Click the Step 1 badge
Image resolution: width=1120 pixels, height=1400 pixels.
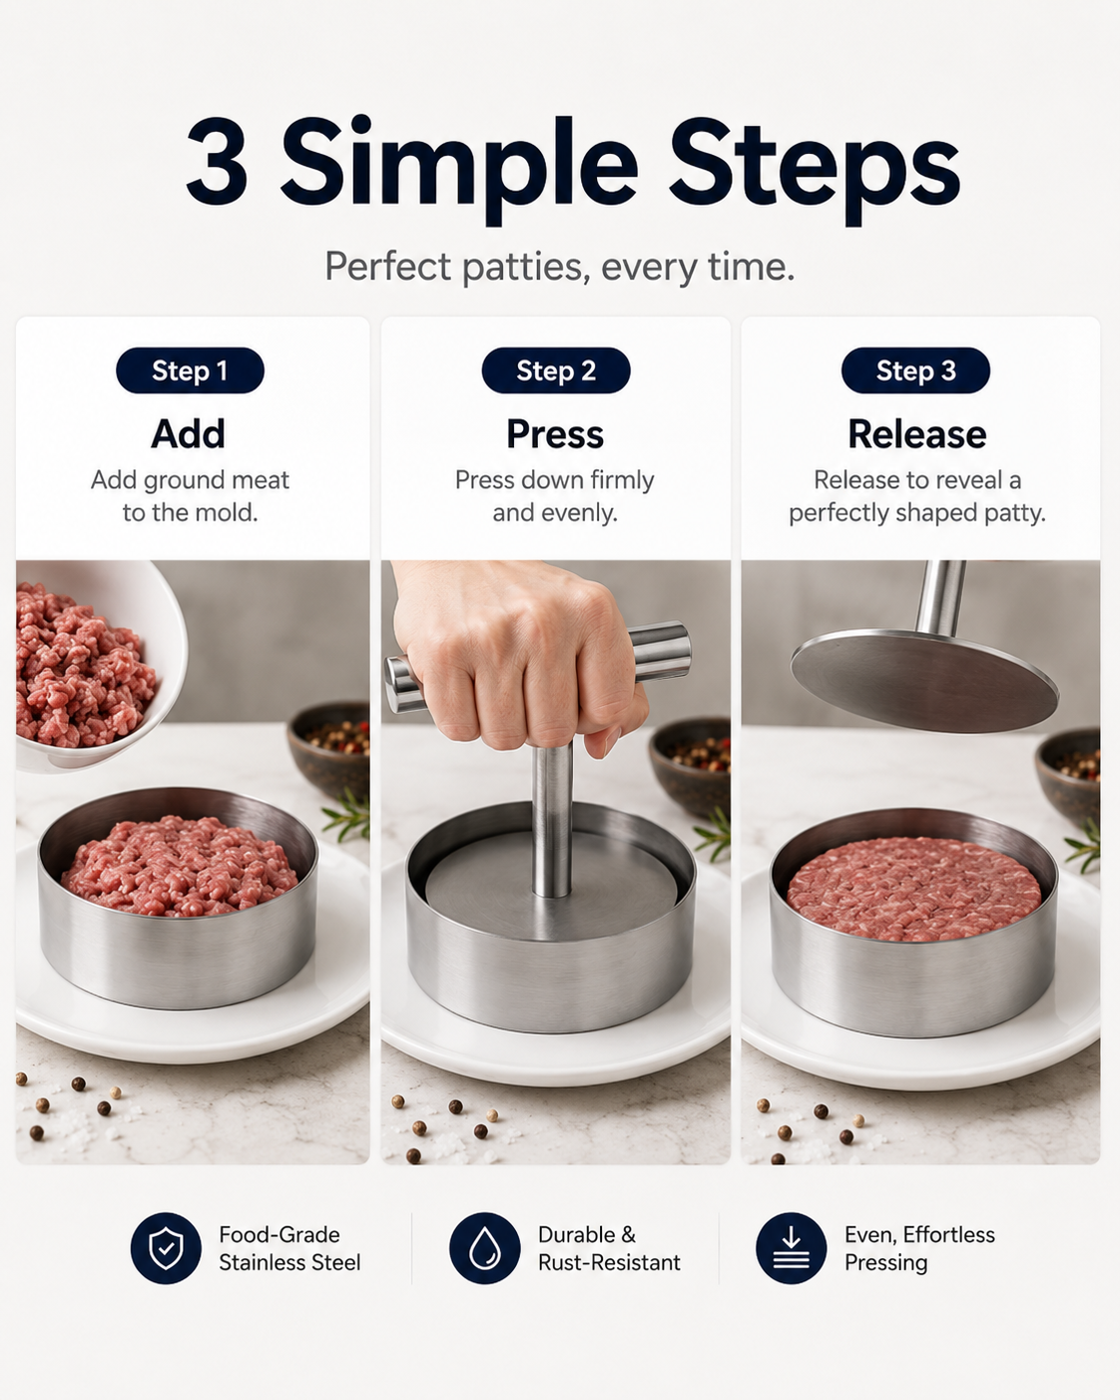190,370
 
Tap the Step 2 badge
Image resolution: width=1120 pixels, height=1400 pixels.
556,370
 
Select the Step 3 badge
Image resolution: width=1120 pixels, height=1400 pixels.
915,370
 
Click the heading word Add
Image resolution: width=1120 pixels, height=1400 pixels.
189,434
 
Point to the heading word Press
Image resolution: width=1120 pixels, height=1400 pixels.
555,434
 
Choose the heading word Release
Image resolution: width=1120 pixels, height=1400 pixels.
917,434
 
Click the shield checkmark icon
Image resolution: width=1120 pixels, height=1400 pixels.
166,1248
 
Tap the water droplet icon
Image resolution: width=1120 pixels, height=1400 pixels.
484,1248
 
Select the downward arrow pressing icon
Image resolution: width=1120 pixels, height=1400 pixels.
791,1248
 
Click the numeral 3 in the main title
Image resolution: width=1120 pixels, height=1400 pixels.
218,161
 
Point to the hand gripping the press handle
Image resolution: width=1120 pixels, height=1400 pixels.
520,657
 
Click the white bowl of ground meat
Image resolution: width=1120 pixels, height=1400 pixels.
98,664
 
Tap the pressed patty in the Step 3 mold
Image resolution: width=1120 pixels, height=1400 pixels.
913,888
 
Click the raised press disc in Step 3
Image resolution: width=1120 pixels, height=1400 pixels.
923,680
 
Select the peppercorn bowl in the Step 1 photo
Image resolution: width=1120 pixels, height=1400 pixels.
329,748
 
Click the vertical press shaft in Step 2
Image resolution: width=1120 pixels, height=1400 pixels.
552,820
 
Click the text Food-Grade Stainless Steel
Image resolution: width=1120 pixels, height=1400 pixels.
289,1248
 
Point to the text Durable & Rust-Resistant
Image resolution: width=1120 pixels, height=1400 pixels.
609,1248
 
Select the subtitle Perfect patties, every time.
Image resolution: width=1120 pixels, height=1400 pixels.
559,267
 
